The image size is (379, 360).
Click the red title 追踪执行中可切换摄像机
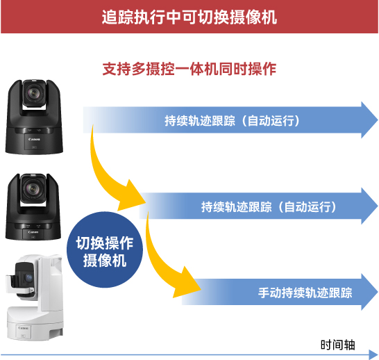(189, 17)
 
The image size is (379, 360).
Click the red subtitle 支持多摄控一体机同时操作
(189, 69)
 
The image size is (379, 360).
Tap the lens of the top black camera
(33, 93)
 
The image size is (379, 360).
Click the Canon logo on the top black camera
(34, 140)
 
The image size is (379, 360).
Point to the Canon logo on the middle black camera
(33, 232)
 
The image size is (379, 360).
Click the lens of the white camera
(28, 277)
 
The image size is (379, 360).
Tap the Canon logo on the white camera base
(23, 328)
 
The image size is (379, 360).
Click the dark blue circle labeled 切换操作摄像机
(105, 249)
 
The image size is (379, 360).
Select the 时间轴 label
(337, 345)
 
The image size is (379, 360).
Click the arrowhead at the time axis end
(373, 354)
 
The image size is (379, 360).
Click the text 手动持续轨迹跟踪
(305, 293)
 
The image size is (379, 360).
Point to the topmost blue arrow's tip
(378, 120)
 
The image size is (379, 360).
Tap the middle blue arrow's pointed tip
(378, 206)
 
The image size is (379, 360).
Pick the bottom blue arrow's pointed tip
(378, 292)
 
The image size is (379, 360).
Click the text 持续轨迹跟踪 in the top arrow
(200, 121)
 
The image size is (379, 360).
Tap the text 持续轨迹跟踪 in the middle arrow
(237, 207)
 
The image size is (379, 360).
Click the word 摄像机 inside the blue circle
(105, 261)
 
